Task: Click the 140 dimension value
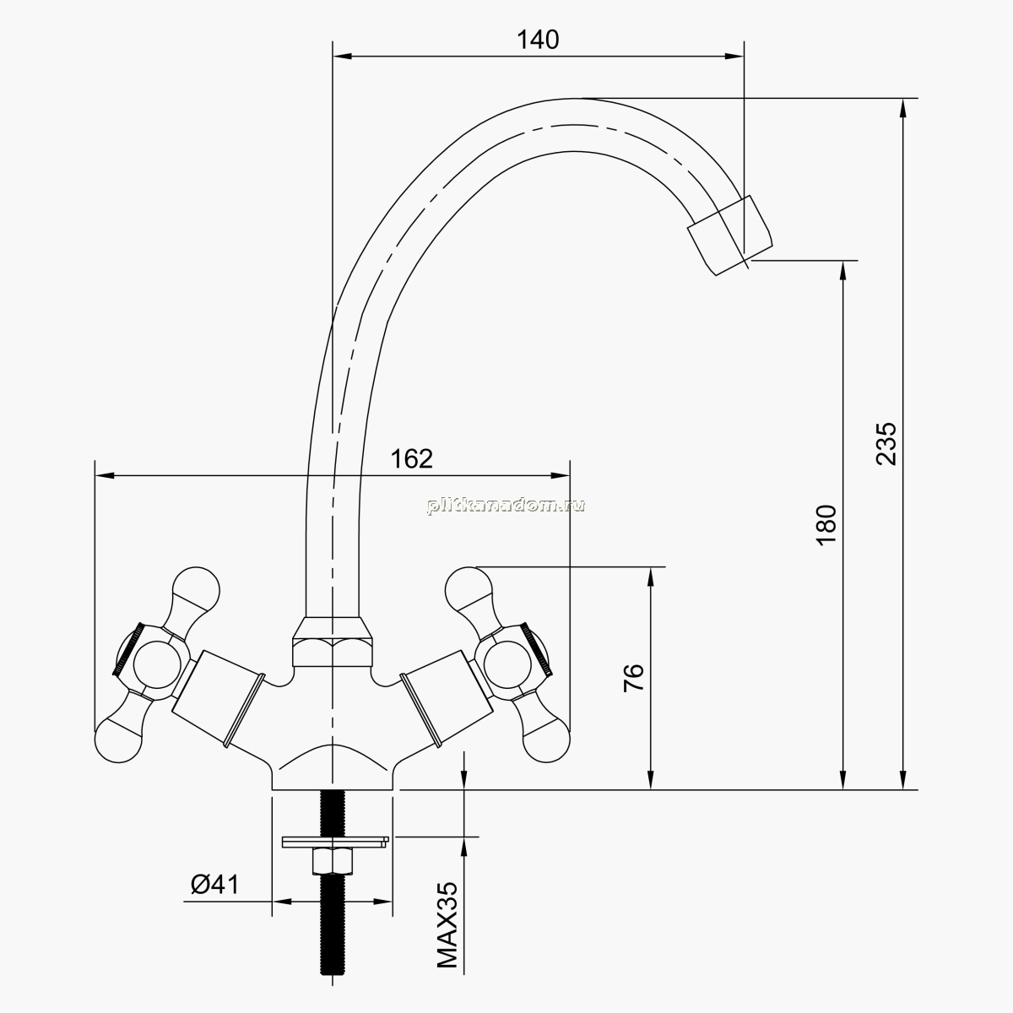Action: [x=538, y=40]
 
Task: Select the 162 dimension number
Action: [x=412, y=459]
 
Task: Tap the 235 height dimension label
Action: [x=886, y=443]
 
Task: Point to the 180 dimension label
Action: [x=826, y=525]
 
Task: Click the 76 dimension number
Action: [x=633, y=678]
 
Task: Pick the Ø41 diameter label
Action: [x=214, y=884]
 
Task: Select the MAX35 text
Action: [x=447, y=924]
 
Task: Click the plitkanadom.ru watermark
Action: [x=506, y=505]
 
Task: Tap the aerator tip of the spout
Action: [x=729, y=235]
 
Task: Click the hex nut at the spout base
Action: [x=333, y=642]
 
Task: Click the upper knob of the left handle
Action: [x=196, y=589]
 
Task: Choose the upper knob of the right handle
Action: [x=469, y=589]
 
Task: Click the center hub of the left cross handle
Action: [x=153, y=665]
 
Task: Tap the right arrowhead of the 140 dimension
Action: [x=734, y=56]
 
